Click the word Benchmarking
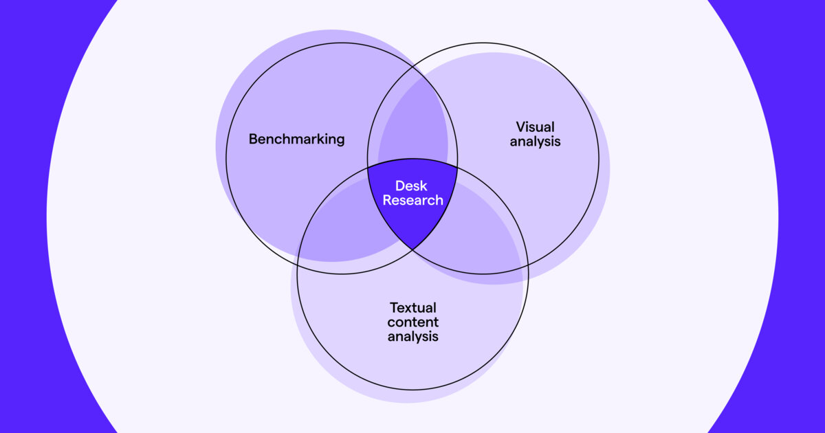296,139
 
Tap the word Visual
535,127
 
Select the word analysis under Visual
535,142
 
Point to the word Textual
412,307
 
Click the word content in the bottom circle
412,322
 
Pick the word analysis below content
412,337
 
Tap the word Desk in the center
411,186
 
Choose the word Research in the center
412,201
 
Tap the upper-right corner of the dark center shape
457,167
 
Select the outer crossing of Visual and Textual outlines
527,265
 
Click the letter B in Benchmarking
252,139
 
